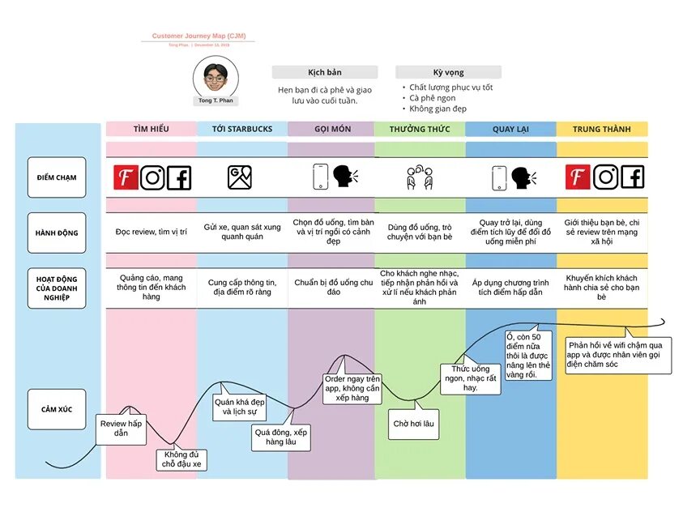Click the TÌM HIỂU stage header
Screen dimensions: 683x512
[151, 129]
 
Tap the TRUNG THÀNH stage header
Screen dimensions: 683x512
[601, 129]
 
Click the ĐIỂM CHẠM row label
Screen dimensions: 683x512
[56, 177]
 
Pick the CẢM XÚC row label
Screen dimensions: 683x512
[56, 409]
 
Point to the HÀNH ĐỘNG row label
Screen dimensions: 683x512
[56, 233]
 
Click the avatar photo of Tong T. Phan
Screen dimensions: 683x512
[215, 78]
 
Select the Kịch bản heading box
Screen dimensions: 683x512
[324, 72]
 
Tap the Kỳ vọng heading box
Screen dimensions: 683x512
[448, 72]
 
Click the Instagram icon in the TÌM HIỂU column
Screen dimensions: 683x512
[152, 177]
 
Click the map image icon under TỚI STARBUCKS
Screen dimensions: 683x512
[241, 177]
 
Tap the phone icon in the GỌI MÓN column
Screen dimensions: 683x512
[321, 177]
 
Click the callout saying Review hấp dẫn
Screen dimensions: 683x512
[121, 429]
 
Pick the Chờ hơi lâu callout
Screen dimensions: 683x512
[413, 424]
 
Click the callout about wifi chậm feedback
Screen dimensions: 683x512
[620, 354]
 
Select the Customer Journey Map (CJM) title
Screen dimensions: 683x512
[198, 36]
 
